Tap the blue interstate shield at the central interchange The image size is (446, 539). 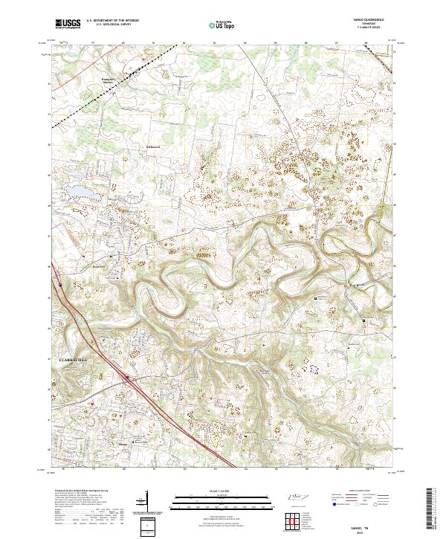click(127, 378)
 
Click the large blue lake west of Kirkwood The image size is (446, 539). click(84, 193)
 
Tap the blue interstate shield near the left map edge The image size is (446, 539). click(59, 283)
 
